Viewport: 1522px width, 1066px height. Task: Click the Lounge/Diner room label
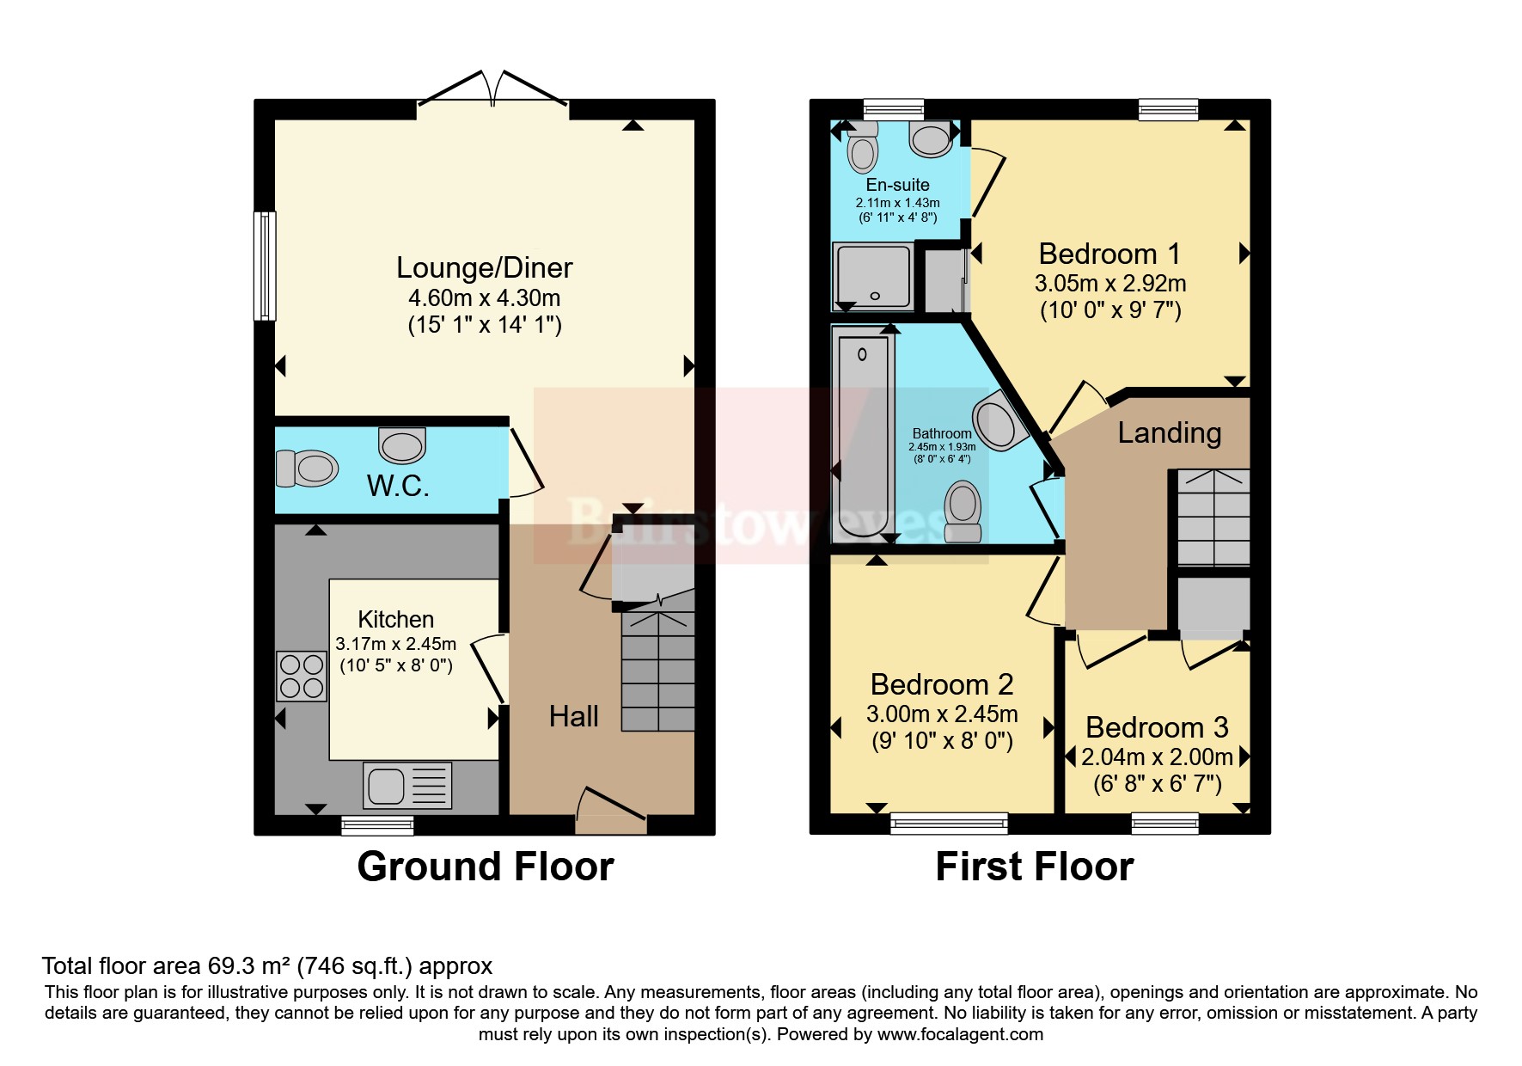[x=484, y=268]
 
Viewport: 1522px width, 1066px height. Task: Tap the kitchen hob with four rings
[x=302, y=677]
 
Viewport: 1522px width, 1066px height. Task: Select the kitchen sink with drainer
[x=407, y=786]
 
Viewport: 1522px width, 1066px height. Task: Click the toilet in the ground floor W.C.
[x=307, y=469]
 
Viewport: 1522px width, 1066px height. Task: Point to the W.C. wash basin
[x=402, y=444]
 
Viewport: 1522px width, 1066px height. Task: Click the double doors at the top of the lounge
[x=492, y=89]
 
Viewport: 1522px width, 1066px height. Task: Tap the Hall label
[x=573, y=716]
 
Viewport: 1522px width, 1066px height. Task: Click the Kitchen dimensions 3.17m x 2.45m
[x=395, y=643]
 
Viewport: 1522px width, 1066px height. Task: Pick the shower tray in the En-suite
[x=872, y=277]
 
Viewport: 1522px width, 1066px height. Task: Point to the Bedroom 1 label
[x=1109, y=254]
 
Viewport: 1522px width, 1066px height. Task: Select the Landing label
[x=1169, y=432]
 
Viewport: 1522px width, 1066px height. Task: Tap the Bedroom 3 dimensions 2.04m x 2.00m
[x=1157, y=757]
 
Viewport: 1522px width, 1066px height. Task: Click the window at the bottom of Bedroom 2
[x=949, y=824]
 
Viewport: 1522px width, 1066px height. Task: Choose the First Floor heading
[x=1034, y=867]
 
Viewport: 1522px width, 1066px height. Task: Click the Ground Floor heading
[x=486, y=867]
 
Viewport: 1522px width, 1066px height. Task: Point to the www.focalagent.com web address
[x=960, y=1034]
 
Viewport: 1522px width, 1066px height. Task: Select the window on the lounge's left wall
[x=266, y=266]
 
